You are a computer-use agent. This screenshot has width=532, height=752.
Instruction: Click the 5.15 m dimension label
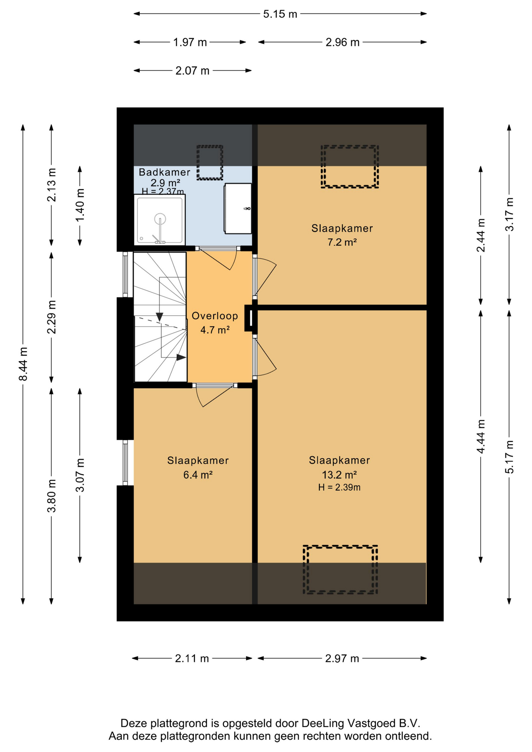pos(280,14)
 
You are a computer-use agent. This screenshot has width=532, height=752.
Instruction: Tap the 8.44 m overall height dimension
pos(23,364)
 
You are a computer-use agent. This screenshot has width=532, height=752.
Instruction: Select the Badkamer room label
pos(165,172)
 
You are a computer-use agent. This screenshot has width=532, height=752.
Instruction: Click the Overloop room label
pos(215,316)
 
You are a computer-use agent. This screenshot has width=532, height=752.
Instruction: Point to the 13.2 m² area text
pos(339,475)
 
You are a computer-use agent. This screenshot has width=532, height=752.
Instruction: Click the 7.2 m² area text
pos(342,242)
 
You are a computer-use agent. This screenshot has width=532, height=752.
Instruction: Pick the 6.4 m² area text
pos(198,475)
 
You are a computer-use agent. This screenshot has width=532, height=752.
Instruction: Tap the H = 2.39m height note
pos(339,487)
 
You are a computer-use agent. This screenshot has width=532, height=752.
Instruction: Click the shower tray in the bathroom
pos(160,219)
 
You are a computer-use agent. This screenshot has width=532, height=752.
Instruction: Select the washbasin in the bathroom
pos(238,208)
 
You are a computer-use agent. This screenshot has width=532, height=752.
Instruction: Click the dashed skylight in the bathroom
pos(210,163)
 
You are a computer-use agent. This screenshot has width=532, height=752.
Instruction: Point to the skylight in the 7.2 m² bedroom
pos(349,166)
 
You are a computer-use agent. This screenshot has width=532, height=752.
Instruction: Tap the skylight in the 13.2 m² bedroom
pos(340,569)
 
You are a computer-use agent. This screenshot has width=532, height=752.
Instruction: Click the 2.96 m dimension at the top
pos(342,42)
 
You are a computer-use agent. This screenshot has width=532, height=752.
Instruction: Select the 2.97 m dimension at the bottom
pos(342,658)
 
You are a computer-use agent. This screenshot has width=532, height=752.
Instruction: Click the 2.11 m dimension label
pos(192,658)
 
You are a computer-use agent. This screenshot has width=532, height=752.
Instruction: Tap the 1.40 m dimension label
pos(80,205)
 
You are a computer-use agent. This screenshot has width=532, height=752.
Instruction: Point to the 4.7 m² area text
pos(215,330)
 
